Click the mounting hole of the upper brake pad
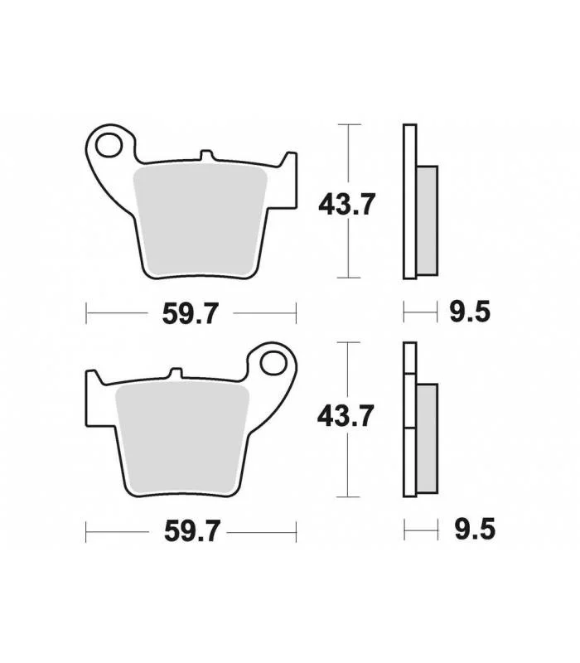[109, 145]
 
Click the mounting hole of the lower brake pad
[273, 363]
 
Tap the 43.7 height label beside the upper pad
[346, 204]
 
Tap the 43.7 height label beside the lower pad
[346, 416]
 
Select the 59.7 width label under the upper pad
[191, 313]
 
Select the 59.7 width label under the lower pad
[192, 531]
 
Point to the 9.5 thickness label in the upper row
[470, 312]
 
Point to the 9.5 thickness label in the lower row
[475, 530]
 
